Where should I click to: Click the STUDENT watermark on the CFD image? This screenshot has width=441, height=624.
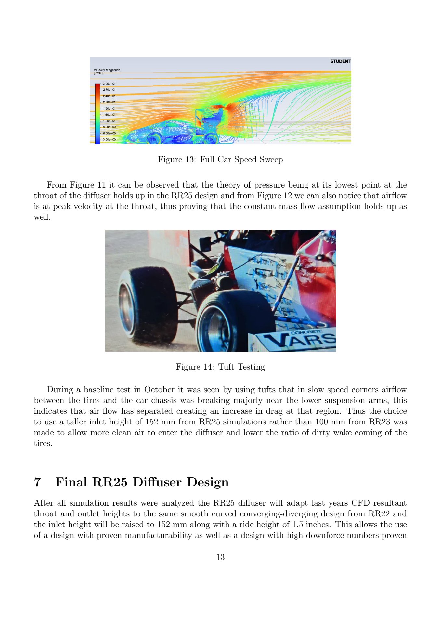tap(340, 61)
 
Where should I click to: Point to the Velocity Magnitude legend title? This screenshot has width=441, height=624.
tap(107, 70)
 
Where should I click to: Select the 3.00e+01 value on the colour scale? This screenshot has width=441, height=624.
tap(109, 84)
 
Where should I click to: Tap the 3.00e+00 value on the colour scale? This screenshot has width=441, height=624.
tap(109, 139)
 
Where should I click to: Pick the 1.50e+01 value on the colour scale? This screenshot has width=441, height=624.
tap(109, 115)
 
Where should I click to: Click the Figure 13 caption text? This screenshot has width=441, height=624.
tap(220, 160)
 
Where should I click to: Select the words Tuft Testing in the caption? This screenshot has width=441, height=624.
tap(241, 367)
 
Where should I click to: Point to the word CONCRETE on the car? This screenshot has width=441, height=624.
tap(306, 332)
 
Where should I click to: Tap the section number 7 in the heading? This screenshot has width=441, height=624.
tap(37, 482)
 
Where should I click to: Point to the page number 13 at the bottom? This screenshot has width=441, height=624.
tap(220, 557)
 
